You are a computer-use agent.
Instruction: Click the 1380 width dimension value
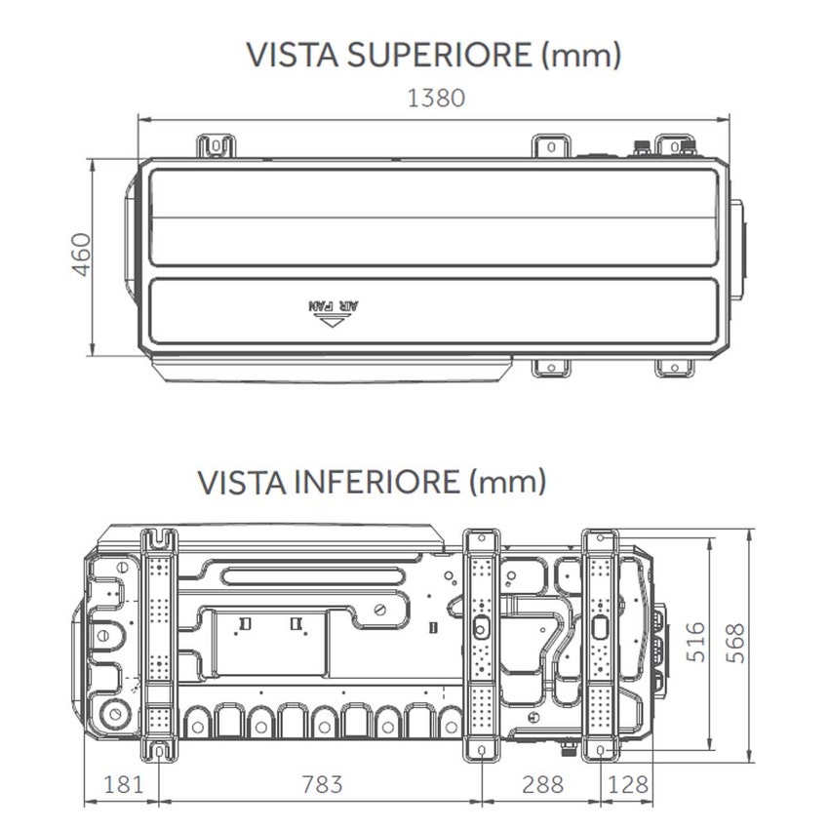437,98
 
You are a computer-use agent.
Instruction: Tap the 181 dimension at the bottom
123,783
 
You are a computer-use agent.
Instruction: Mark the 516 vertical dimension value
694,642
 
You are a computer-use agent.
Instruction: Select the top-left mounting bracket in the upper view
217,146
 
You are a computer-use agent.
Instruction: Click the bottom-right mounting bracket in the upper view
673,367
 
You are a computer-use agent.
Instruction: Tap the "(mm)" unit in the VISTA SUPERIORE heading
581,55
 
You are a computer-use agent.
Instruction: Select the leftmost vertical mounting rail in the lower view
158,644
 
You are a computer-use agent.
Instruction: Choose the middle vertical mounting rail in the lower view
480,644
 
